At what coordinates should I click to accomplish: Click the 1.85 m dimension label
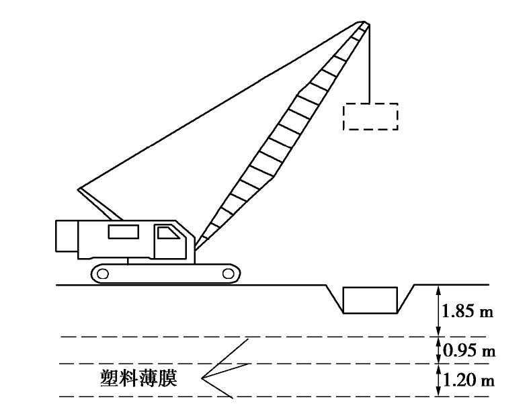coord(469,311)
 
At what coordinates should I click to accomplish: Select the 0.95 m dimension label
coord(469,350)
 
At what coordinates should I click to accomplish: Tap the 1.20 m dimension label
coord(469,381)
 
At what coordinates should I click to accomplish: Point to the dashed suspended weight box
coord(370,116)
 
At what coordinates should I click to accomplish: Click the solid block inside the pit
coord(370,299)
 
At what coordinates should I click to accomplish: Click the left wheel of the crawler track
coord(103,273)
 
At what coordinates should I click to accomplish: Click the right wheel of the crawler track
coord(228,273)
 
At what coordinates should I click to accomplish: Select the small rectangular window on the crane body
coord(124,231)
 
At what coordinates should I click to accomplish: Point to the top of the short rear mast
coord(79,188)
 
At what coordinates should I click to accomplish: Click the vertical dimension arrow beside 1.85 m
coord(438,310)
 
